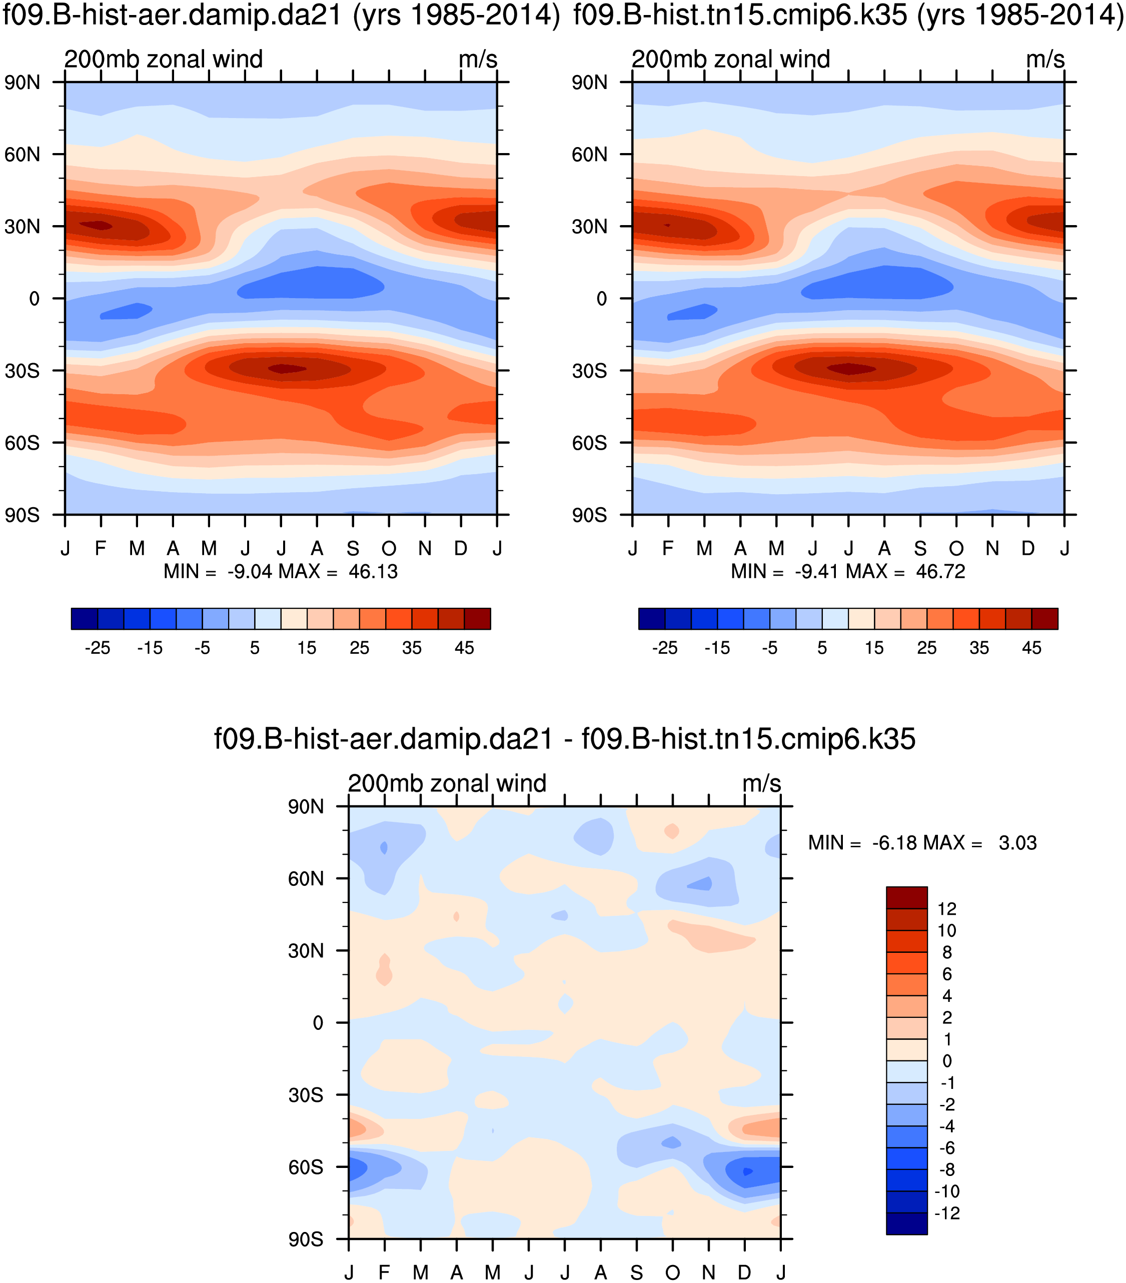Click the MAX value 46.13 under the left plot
[373, 572]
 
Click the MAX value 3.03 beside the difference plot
[1017, 842]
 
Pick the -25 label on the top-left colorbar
[97, 648]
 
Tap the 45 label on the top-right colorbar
[1031, 648]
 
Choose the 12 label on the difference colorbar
[946, 909]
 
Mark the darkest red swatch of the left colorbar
[477, 618]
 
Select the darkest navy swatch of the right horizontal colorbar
[651, 618]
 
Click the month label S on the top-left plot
[353, 549]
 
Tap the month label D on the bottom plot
[744, 1272]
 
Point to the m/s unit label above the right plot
[1045, 60]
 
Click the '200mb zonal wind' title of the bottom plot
[447, 783]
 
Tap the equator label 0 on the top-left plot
[34, 299]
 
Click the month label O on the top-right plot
[956, 549]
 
